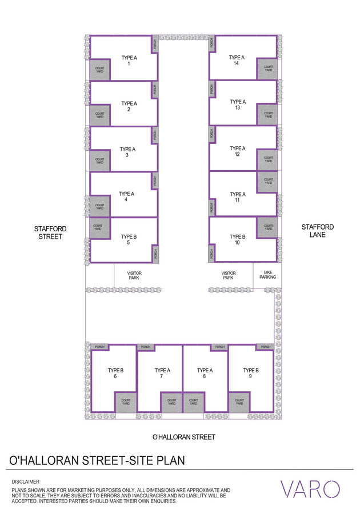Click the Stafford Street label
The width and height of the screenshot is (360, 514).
click(50, 233)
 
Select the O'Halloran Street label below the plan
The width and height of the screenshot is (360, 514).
click(183, 437)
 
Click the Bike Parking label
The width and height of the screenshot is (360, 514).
click(267, 275)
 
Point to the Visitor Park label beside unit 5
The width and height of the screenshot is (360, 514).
click(134, 275)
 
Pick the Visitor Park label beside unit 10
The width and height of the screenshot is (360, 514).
click(228, 275)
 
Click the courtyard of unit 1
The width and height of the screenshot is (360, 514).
click(99, 70)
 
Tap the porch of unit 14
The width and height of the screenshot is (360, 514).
click(211, 43)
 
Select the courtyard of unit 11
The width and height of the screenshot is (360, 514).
click(268, 182)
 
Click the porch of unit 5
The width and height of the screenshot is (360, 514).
click(155, 254)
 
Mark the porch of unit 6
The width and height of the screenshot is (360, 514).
click(99, 347)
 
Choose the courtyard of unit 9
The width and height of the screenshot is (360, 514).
click(239, 402)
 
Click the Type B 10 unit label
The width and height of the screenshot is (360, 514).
click(237, 240)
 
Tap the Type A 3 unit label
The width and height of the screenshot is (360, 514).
click(127, 152)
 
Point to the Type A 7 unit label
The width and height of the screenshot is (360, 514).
click(162, 373)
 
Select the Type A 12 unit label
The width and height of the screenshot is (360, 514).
click(237, 151)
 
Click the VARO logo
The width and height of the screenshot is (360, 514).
click(310, 489)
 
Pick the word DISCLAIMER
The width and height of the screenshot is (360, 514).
click(26, 482)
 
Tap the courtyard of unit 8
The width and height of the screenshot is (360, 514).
click(194, 402)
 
